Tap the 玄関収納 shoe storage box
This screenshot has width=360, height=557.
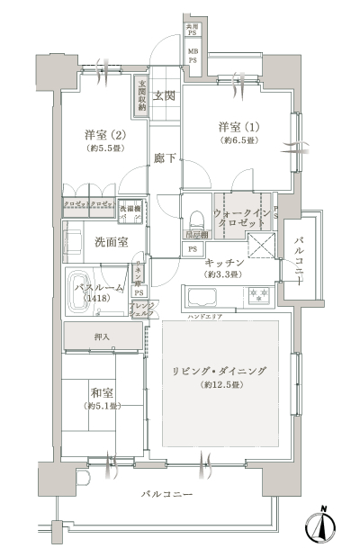(142, 94)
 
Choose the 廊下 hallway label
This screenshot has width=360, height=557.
(163, 158)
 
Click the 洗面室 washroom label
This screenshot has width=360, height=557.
(111, 242)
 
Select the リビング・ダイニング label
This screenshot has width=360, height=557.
(227, 371)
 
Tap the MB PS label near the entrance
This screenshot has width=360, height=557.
(193, 57)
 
